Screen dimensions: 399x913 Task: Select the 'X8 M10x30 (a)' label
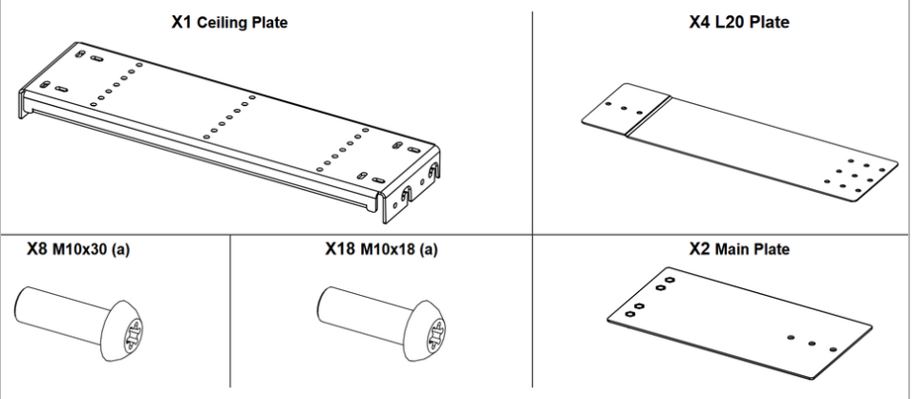click(77, 252)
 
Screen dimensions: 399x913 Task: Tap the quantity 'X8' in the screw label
click(37, 252)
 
